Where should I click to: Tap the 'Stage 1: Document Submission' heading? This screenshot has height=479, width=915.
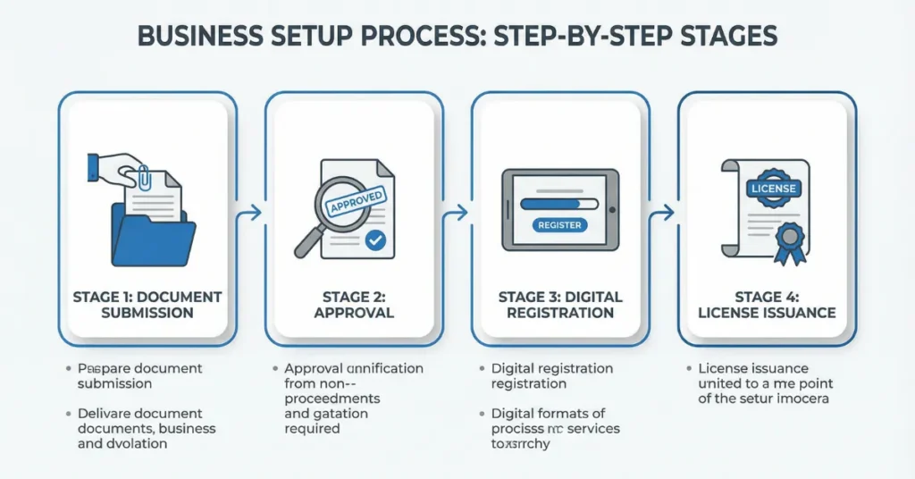click(x=147, y=305)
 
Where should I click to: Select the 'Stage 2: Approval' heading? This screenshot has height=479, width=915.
click(x=353, y=305)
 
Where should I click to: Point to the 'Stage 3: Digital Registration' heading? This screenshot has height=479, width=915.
click(x=560, y=305)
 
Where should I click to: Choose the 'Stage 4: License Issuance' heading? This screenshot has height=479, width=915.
click(x=767, y=305)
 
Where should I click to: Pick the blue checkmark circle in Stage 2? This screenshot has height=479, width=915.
click(x=375, y=239)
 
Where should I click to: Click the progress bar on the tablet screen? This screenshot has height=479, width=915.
click(x=558, y=203)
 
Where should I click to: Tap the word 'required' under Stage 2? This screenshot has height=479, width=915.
click(x=312, y=429)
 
